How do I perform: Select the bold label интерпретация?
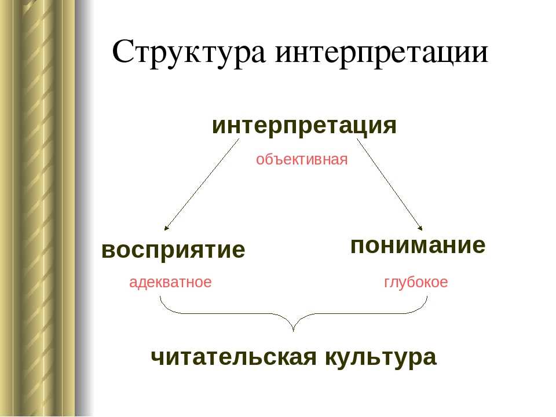(x=304, y=126)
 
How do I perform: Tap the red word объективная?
(x=302, y=160)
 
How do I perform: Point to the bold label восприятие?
(x=173, y=250)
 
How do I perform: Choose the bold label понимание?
(x=418, y=246)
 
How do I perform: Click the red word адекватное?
(x=170, y=283)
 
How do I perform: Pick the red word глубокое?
(x=416, y=283)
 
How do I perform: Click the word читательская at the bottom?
(x=233, y=357)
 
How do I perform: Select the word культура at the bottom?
(x=381, y=358)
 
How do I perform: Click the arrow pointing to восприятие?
(x=202, y=184)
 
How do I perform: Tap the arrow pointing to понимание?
(x=390, y=184)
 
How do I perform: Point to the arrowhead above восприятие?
(x=166, y=228)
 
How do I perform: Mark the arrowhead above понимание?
(x=421, y=228)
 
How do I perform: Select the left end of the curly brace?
(x=160, y=297)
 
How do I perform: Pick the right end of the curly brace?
(x=427, y=297)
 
